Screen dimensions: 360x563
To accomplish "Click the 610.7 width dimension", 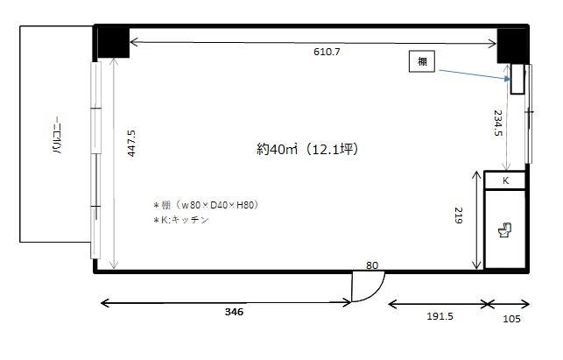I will (327, 53).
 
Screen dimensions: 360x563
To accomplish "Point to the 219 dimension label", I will (457, 215).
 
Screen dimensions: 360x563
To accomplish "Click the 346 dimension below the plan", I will (233, 312).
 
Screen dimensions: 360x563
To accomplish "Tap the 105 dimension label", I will (511, 319).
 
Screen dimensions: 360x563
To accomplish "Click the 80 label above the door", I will (371, 265).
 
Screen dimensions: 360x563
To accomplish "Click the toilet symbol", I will (504, 230).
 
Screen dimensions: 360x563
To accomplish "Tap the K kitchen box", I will (505, 180).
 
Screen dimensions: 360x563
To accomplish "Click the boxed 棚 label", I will (422, 61).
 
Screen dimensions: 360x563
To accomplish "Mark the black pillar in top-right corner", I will (511, 45).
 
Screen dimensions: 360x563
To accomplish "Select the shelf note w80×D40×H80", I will (205, 205).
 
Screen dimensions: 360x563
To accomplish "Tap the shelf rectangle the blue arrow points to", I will (518, 79).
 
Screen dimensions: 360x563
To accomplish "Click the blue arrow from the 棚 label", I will (473, 73).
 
